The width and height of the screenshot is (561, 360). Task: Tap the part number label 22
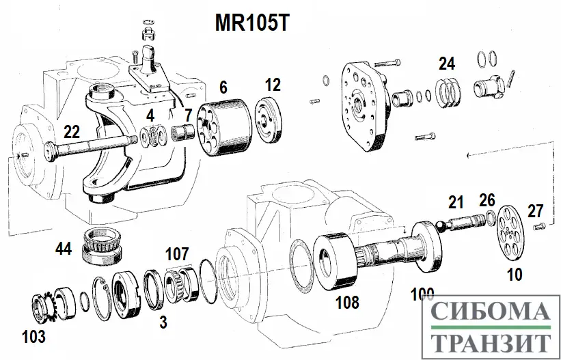click(x=72, y=130)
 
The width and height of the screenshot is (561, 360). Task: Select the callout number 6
click(x=223, y=87)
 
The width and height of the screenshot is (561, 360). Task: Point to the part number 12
click(x=273, y=85)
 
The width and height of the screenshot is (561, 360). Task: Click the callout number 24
click(x=446, y=65)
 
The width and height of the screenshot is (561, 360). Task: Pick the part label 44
click(x=64, y=248)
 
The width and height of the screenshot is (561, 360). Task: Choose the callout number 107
click(x=176, y=254)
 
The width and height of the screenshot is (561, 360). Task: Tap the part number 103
click(x=33, y=336)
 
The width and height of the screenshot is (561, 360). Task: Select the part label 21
click(x=456, y=202)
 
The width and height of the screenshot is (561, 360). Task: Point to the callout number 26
click(x=487, y=200)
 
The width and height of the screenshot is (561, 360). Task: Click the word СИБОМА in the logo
click(x=491, y=314)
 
